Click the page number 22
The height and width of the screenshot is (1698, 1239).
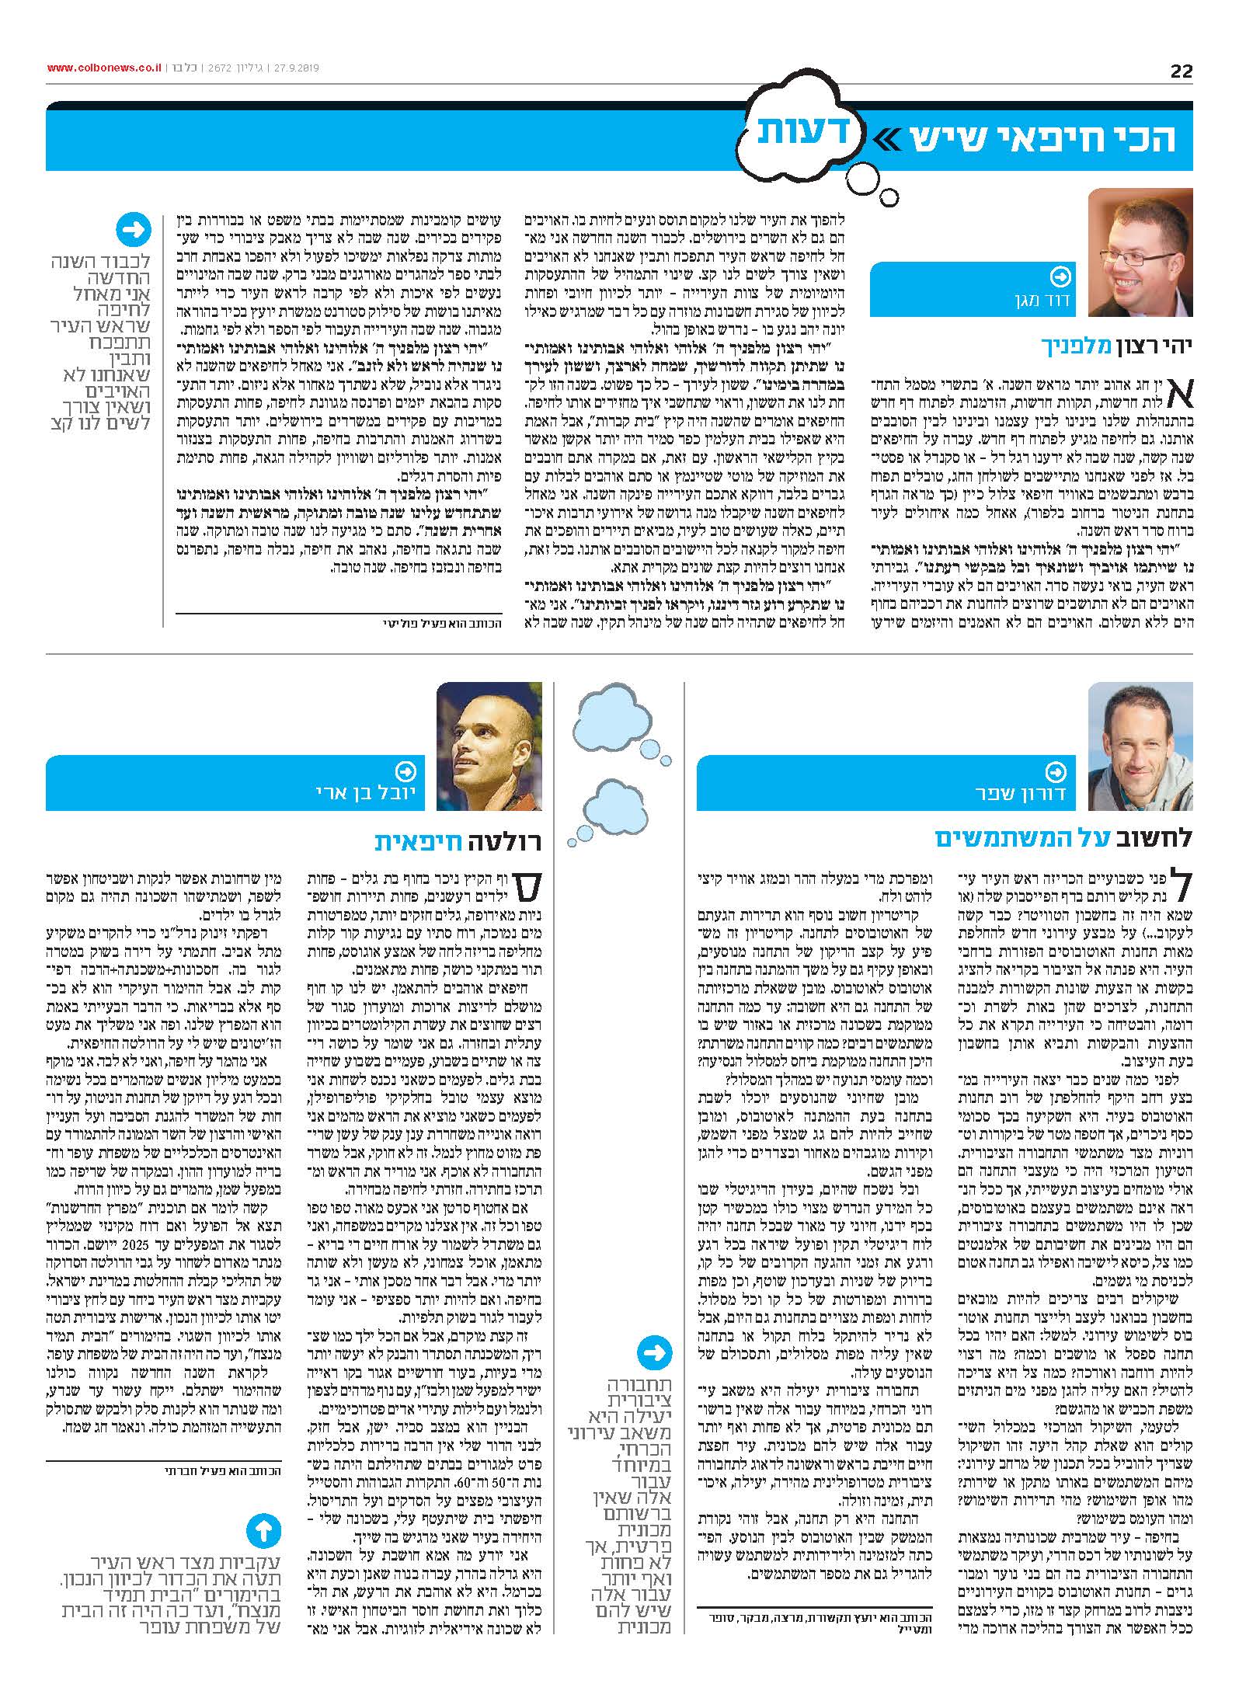pyautogui.click(x=1181, y=71)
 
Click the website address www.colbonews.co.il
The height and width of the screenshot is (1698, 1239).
pyautogui.click(x=104, y=68)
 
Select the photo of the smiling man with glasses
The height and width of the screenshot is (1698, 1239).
pyautogui.click(x=1140, y=252)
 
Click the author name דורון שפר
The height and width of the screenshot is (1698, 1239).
pyautogui.click(x=1013, y=794)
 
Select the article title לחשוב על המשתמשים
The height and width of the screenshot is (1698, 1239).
pyautogui.click(x=1063, y=837)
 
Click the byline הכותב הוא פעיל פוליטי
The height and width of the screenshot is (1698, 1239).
pyautogui.click(x=444, y=623)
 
